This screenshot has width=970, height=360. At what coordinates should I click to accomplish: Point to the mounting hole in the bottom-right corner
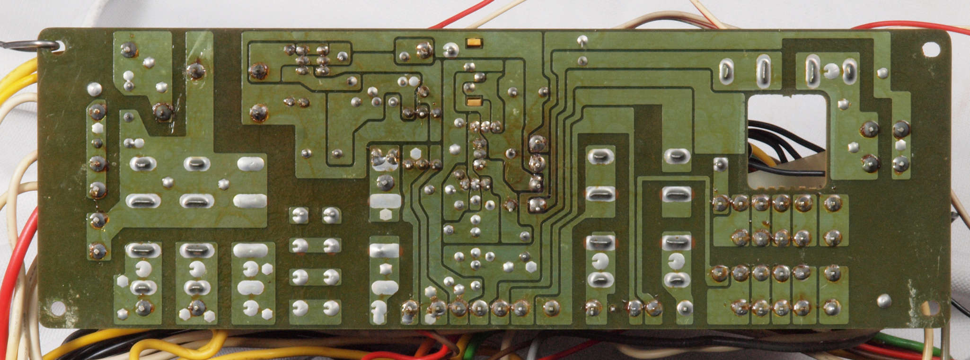pos(929,308)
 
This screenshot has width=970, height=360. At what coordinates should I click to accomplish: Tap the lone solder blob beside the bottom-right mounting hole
pos(884,300)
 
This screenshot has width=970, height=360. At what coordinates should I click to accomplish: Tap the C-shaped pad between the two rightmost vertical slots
pos(831,72)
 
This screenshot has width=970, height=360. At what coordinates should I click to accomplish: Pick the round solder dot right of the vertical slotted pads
pos(882,73)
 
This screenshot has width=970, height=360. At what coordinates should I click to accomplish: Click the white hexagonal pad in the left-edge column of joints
pos(97,128)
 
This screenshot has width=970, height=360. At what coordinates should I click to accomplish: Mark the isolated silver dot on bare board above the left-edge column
pos(94,88)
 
